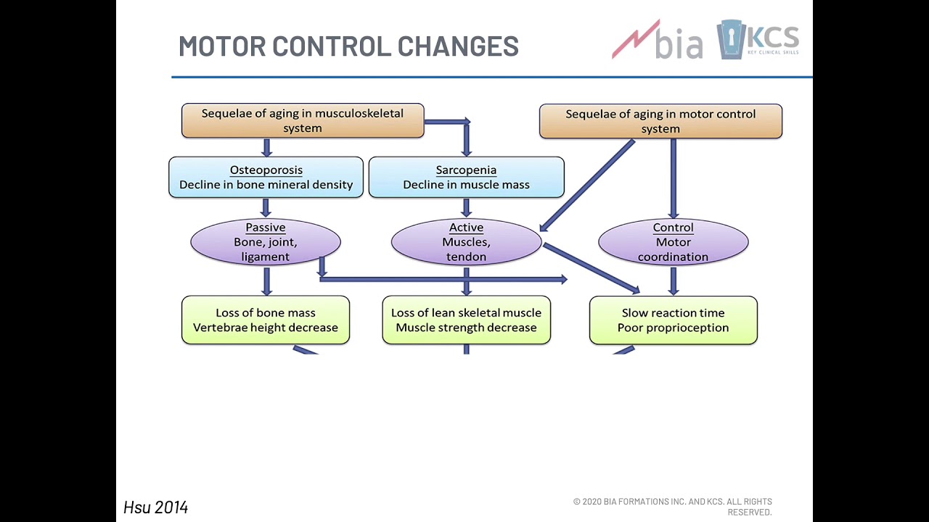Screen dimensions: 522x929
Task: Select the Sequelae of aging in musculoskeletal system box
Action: click(303, 120)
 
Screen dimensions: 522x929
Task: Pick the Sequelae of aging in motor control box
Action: click(660, 121)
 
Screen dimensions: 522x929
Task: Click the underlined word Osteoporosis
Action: click(266, 170)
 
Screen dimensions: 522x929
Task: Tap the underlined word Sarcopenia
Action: click(466, 170)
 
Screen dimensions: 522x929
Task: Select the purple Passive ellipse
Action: click(266, 242)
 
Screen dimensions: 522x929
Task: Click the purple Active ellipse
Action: click(466, 242)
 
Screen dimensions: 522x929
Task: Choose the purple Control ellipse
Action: click(673, 242)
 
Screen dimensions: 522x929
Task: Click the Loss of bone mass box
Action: click(266, 320)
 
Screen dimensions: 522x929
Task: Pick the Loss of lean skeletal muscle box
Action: click(466, 320)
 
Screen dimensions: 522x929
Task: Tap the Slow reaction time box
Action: click(673, 320)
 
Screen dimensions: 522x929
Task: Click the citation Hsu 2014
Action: click(156, 507)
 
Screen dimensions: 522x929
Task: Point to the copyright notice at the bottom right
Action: click(673, 506)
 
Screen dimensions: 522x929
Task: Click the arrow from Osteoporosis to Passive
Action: click(266, 207)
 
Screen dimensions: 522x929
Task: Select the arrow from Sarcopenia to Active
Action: click(466, 207)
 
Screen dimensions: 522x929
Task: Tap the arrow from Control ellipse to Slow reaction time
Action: click(674, 280)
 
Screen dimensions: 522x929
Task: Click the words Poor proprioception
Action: click(673, 328)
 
